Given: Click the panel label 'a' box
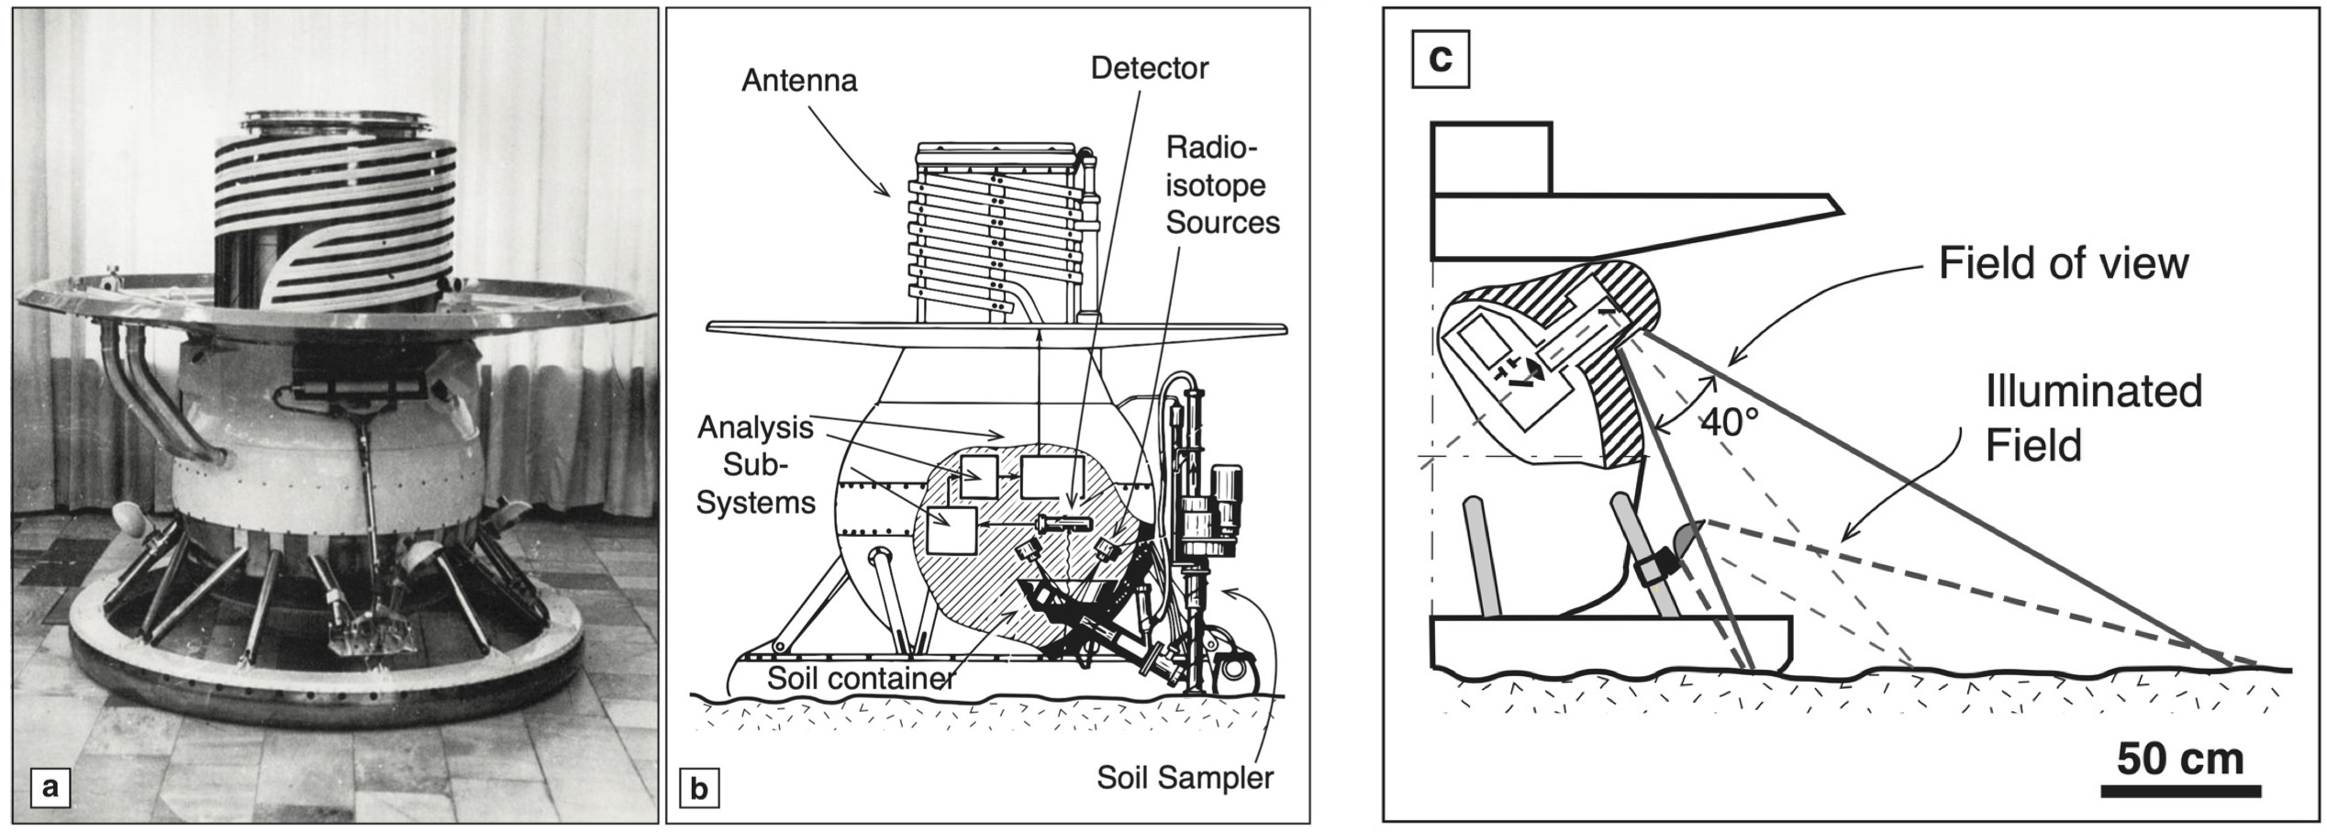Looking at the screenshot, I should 50,787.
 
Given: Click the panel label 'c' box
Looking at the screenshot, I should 1441,59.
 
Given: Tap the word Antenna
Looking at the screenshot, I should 799,81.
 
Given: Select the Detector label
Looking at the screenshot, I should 1149,68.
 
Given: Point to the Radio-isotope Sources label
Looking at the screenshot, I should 1221,185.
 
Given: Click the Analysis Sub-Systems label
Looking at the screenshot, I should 755,464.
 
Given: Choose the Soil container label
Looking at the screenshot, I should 860,679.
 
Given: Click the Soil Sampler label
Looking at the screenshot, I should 1185,778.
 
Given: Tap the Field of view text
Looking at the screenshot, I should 2063,264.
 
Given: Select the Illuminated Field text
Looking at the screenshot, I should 2092,418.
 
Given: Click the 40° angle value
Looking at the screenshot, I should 1731,423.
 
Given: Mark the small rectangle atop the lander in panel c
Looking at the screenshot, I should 1491,159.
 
